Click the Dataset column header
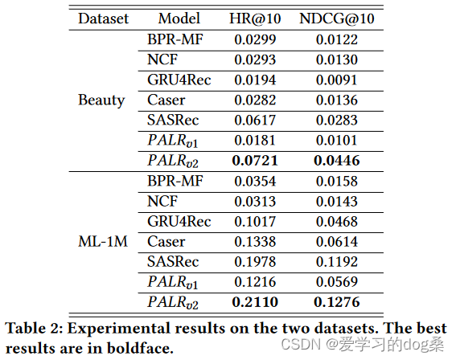[102, 18]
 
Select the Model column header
[179, 18]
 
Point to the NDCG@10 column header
[335, 18]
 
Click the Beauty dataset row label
[101, 100]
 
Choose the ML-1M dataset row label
[101, 241]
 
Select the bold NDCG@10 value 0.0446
[335, 161]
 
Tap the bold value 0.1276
[335, 302]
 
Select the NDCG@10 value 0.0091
[335, 80]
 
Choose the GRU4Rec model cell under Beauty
[179, 80]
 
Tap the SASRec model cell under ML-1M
[172, 262]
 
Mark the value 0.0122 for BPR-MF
[335, 39]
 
